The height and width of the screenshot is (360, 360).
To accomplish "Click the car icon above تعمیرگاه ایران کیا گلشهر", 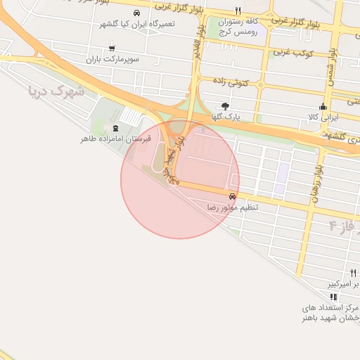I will click(x=136, y=13).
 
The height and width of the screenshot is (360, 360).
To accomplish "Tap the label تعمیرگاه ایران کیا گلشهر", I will click(x=138, y=24).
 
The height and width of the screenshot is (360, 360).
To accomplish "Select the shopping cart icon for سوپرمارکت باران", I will click(x=112, y=49).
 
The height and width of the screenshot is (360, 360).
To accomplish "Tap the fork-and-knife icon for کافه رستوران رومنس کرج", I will click(x=238, y=11).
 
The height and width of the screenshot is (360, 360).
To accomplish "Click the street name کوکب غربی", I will click(x=292, y=52).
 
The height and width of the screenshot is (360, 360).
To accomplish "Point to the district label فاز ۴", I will click(x=342, y=226).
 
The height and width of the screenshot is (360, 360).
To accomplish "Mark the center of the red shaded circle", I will click(x=180, y=179).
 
